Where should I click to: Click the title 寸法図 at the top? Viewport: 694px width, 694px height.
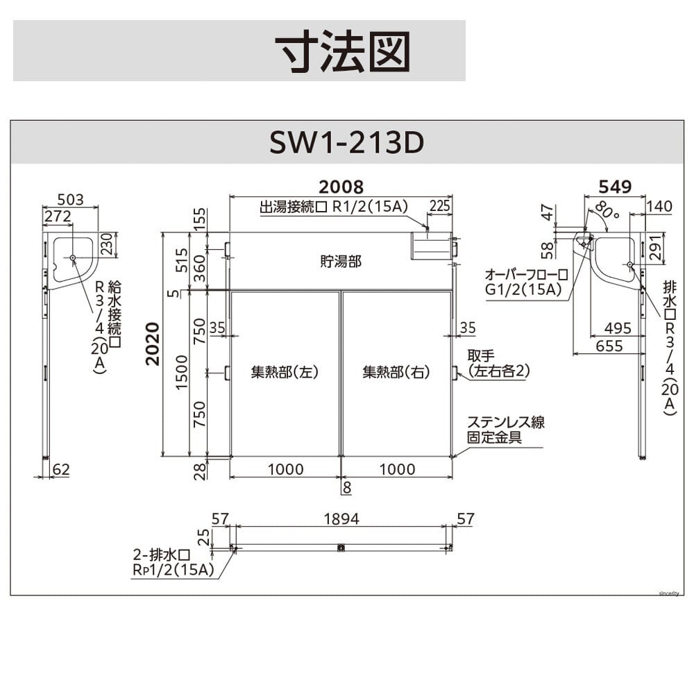coord(343,51)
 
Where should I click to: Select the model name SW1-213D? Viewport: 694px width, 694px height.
coord(346,142)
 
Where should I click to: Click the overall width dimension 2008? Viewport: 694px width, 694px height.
coord(341,187)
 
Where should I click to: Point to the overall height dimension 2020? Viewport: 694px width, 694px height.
coord(153,344)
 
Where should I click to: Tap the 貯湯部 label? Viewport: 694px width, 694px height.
coord(340,261)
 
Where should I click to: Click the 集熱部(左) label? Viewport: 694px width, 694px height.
coord(285,372)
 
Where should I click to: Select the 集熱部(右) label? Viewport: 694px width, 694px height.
coord(396,372)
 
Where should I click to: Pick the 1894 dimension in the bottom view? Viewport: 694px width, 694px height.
coord(341,518)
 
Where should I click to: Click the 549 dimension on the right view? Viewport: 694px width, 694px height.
coord(615,187)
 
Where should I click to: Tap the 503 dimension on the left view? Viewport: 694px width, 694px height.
coord(70,200)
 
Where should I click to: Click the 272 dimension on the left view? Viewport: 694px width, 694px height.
coord(58,216)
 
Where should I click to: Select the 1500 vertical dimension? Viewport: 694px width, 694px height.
coord(182,372)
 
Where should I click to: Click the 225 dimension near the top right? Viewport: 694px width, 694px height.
coord(439,206)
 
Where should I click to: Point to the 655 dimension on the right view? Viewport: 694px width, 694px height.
coord(609,346)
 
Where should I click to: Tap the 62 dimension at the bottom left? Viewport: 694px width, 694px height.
coord(61,469)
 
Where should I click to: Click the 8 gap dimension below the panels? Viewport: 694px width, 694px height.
coord(347,487)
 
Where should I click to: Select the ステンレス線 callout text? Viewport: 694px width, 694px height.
coord(505,422)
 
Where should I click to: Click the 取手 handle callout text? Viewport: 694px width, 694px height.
coord(481,355)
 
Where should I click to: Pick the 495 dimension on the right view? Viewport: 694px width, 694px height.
coord(618,328)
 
